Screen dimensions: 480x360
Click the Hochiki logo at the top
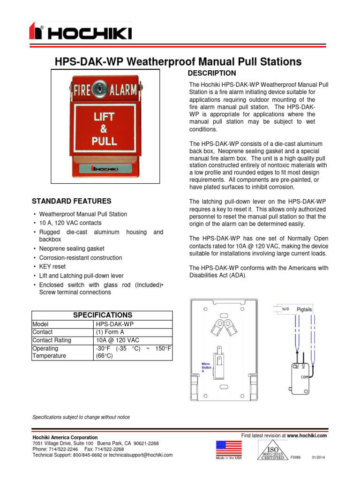80,33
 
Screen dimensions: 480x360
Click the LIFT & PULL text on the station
105,129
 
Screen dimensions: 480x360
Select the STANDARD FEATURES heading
71,201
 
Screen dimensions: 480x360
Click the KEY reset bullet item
52,267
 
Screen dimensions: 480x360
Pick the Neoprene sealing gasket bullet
71,249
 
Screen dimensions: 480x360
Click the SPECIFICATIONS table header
102,315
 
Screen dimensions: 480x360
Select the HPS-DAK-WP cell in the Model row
115,324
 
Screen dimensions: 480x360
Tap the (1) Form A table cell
112,332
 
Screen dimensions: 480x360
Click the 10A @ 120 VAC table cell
117,340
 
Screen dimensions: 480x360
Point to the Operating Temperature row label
49,352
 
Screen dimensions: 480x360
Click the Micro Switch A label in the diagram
207,367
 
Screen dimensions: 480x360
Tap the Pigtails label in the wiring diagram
304,310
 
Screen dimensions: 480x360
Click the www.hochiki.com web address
307,435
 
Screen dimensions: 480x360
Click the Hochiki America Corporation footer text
65,437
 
